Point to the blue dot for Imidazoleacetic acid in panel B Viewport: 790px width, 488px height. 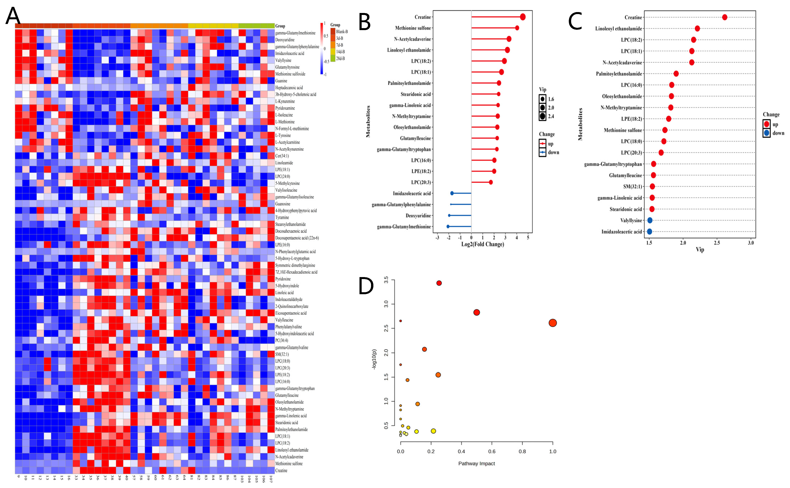pyautogui.click(x=452, y=193)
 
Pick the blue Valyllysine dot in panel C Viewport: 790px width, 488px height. pyautogui.click(x=650, y=220)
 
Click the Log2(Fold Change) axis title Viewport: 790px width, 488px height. pyautogui.click(x=482, y=244)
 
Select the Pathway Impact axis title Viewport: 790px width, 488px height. pyautogui.click(x=476, y=463)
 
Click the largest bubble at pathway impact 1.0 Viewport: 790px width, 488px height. pyautogui.click(x=553, y=323)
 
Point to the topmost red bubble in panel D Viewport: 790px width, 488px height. pyautogui.click(x=439, y=283)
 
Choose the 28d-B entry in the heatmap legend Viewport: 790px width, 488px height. pyautogui.click(x=340, y=58)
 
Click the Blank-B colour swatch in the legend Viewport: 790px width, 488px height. pyautogui.click(x=333, y=32)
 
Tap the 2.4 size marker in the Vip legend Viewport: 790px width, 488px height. pyautogui.click(x=542, y=116)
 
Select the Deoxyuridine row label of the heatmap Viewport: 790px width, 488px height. pyautogui.click(x=285, y=40)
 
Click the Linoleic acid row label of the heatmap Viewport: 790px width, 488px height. pyautogui.click(x=284, y=293)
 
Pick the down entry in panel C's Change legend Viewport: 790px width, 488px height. pyautogui.click(x=778, y=133)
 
